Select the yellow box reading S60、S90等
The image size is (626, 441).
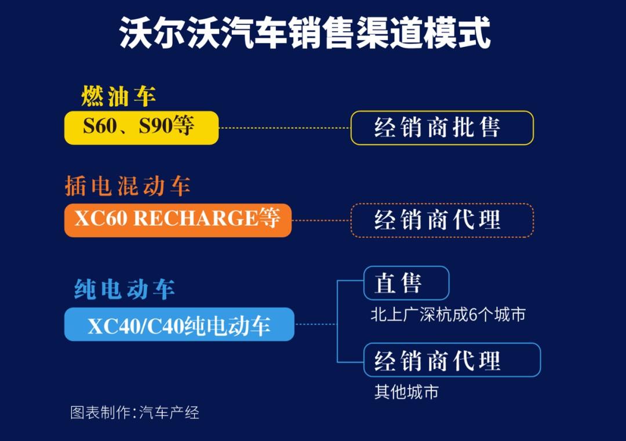pos(141,128)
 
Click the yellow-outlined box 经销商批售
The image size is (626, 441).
pos(442,128)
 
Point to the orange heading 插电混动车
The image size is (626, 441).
pos(128,186)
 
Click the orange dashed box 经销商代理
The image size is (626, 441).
pos(442,220)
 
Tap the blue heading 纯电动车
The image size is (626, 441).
pos(124,289)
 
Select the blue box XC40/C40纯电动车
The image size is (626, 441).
pos(179,324)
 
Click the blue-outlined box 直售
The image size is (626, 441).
pos(406,283)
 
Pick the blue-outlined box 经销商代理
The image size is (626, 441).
pos(452,360)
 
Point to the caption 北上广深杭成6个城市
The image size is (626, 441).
pos(448,315)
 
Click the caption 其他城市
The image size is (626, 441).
pos(406,392)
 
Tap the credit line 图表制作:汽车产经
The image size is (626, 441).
pos(134,413)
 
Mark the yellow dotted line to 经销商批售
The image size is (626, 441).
pos(285,128)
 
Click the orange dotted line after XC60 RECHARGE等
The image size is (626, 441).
pos(321,220)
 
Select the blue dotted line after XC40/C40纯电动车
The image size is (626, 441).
pos(316,324)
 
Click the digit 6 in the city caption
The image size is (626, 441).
pos(473,315)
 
